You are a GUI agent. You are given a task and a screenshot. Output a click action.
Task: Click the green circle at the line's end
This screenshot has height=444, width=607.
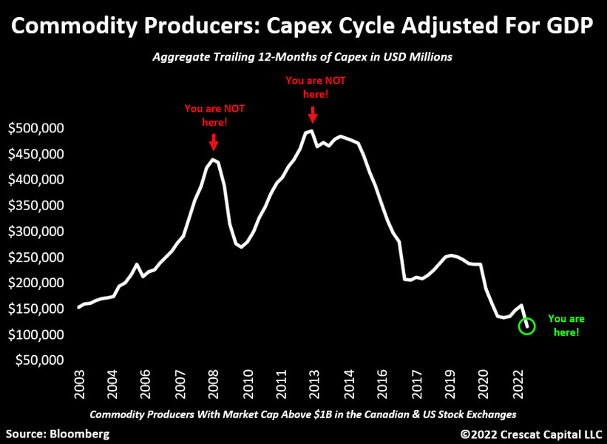pyautogui.click(x=526, y=326)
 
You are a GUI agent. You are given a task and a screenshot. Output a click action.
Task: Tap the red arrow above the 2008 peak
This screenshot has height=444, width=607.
pyautogui.click(x=214, y=141)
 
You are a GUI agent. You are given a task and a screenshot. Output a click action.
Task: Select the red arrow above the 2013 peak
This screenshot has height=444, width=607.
pyautogui.click(x=313, y=114)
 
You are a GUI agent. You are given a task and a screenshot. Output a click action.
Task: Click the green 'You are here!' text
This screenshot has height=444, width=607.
pyautogui.click(x=566, y=326)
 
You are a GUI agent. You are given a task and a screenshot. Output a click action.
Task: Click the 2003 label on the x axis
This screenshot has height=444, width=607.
pyautogui.click(x=80, y=385)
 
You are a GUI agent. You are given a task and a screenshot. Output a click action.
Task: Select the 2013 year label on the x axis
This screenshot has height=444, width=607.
pyautogui.click(x=314, y=385)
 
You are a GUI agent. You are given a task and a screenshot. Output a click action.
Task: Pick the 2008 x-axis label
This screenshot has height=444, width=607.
pyautogui.click(x=214, y=385)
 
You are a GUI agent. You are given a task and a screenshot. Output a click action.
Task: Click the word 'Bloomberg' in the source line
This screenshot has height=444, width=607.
pyautogui.click(x=84, y=433)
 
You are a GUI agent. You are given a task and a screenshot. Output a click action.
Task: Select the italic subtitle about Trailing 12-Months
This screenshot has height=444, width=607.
pyautogui.click(x=304, y=57)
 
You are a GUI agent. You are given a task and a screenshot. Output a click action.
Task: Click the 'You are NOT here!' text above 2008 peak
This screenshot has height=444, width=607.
pyautogui.click(x=214, y=115)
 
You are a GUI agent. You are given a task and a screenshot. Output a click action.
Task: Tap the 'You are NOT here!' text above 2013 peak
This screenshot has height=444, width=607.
pyautogui.click(x=315, y=87)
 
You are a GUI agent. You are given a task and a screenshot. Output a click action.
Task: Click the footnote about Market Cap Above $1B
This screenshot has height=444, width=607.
pyautogui.click(x=303, y=414)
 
